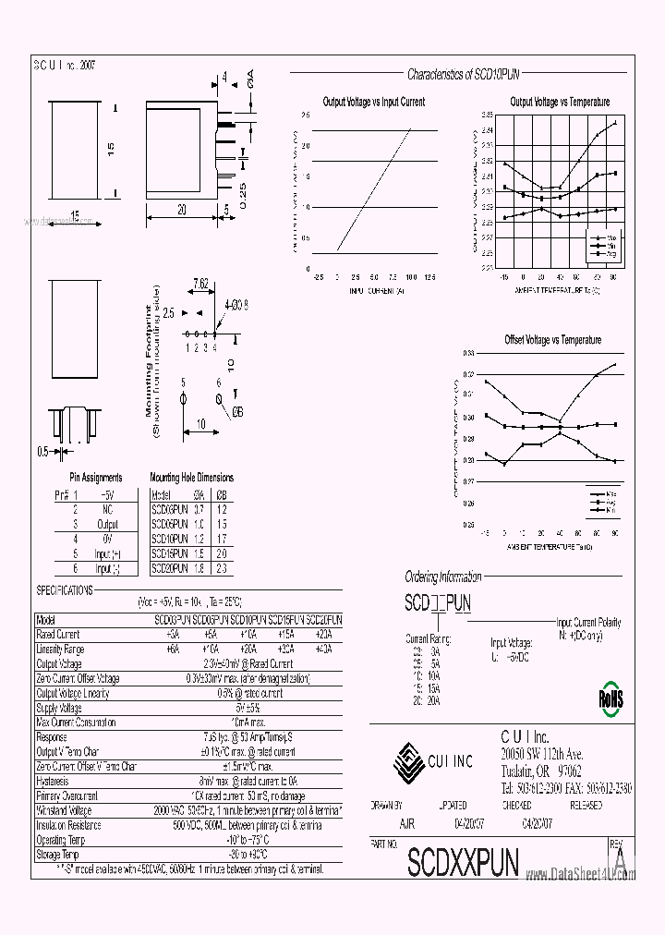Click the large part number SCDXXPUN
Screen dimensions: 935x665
pyautogui.click(x=463, y=861)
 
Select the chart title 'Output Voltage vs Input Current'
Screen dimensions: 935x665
pyautogui.click(x=373, y=102)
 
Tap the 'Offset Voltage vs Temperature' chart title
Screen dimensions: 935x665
pyautogui.click(x=552, y=340)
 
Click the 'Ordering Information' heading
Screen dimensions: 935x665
pyautogui.click(x=443, y=577)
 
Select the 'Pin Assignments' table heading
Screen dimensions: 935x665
pyautogui.click(x=96, y=478)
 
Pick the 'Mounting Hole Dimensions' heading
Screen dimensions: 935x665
pyautogui.click(x=191, y=478)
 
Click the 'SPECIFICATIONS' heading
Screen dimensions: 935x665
pyautogui.click(x=65, y=589)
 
